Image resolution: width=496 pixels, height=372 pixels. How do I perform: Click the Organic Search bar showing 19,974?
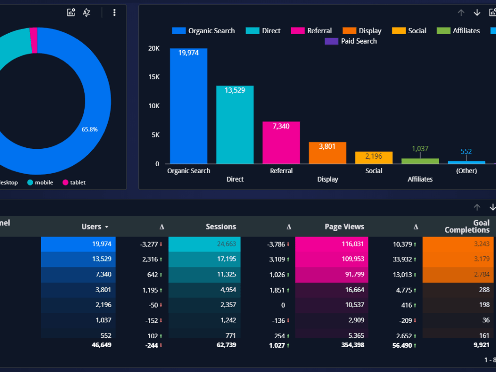[188, 107]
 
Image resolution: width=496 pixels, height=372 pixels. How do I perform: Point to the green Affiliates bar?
[420, 161]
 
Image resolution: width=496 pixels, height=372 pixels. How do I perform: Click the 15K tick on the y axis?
[154, 77]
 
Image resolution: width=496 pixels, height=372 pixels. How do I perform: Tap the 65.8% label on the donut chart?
[90, 129]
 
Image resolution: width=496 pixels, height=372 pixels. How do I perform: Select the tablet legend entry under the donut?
[74, 183]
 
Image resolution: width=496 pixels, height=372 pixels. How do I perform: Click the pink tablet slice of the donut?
[34, 40]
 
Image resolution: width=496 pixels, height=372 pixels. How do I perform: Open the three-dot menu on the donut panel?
[115, 12]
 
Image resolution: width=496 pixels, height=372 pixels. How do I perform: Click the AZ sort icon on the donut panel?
[87, 12]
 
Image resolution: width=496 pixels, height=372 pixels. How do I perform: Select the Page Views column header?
[344, 227]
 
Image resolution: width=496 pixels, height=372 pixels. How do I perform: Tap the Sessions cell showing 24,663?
[204, 244]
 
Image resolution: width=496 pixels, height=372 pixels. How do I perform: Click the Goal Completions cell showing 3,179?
[458, 259]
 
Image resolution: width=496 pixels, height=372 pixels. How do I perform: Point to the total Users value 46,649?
[102, 345]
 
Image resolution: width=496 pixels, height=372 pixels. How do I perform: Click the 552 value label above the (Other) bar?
[466, 152]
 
